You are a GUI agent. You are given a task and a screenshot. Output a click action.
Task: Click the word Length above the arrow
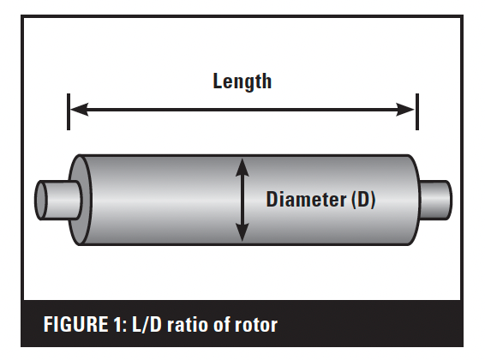click(242, 81)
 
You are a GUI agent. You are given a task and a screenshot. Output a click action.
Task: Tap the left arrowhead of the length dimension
click(80, 110)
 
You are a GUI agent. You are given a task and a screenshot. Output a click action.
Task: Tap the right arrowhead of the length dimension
click(405, 110)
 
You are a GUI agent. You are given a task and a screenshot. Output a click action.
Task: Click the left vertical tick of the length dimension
click(69, 111)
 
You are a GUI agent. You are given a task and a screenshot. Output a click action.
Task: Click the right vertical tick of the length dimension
click(417, 111)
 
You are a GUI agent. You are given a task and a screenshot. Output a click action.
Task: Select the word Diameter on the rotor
click(306, 199)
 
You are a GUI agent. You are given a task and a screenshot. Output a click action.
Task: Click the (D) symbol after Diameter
click(363, 200)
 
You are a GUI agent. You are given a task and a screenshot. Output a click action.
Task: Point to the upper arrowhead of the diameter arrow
click(242, 167)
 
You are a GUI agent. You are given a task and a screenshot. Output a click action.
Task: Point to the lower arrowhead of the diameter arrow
click(242, 232)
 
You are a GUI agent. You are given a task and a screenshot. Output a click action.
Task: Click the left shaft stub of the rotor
click(59, 200)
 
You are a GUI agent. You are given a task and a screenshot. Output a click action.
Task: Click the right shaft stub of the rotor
click(435, 200)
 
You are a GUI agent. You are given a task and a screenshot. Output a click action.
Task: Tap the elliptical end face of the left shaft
click(41, 200)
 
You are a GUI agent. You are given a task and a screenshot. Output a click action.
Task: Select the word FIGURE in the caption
click(75, 325)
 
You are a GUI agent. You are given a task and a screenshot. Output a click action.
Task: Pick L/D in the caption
click(147, 325)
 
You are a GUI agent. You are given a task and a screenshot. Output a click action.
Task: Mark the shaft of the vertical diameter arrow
click(242, 200)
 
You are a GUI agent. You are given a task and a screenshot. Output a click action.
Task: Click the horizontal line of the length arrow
click(242, 110)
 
